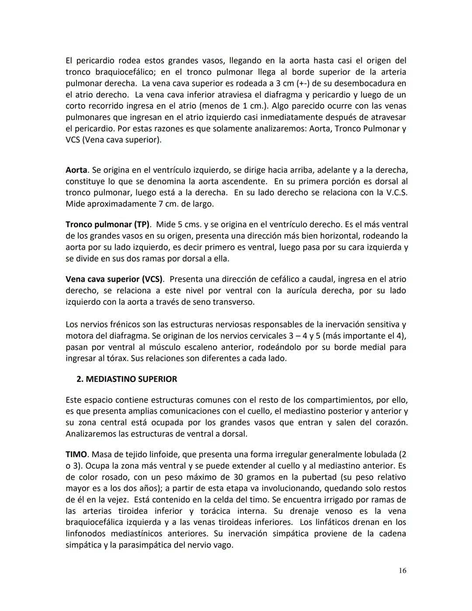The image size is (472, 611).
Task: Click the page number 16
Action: (402, 570)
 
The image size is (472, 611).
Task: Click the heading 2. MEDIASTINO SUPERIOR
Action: (127, 379)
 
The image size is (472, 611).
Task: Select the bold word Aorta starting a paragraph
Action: (76, 170)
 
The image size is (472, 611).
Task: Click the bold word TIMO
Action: (76, 454)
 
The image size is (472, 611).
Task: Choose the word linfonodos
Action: (86, 534)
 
